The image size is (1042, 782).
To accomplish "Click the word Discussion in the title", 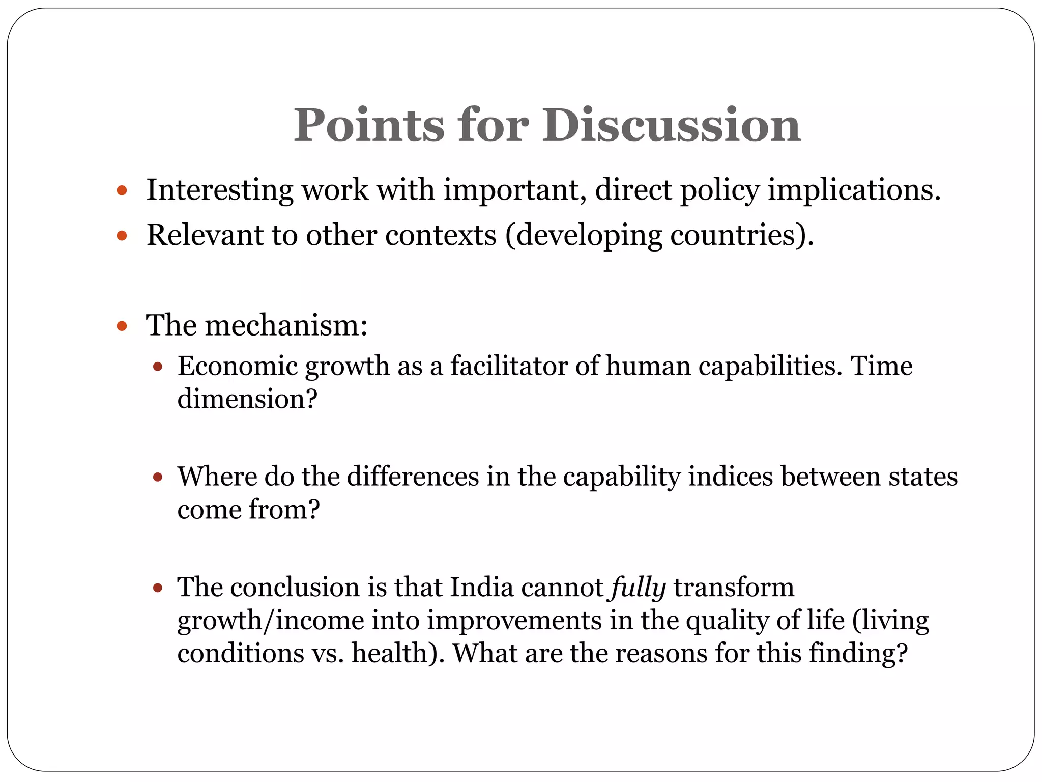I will point(671,125).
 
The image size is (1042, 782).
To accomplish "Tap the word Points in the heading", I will point(369,125).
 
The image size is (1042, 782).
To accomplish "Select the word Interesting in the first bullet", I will point(219,190).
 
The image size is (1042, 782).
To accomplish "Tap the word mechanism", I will point(285,325).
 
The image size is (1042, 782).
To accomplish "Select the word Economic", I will point(237,366).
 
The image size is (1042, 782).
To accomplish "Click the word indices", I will point(731,477).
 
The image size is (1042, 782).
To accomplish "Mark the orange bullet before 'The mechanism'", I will point(121,326).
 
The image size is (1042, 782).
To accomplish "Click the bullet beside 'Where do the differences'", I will point(158,478).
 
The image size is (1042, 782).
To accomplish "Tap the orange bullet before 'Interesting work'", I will point(121,191).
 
